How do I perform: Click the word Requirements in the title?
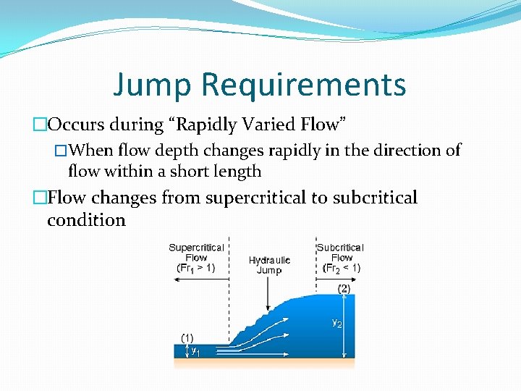(x=304, y=85)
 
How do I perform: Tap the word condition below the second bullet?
(x=86, y=220)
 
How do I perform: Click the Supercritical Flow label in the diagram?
(x=196, y=252)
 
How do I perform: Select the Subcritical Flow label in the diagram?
(x=340, y=252)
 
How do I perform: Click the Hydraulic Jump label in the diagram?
(x=269, y=265)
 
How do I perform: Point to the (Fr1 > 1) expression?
(x=196, y=267)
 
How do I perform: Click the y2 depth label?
(x=336, y=323)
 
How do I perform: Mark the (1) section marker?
(x=187, y=337)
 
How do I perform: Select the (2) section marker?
(x=344, y=287)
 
